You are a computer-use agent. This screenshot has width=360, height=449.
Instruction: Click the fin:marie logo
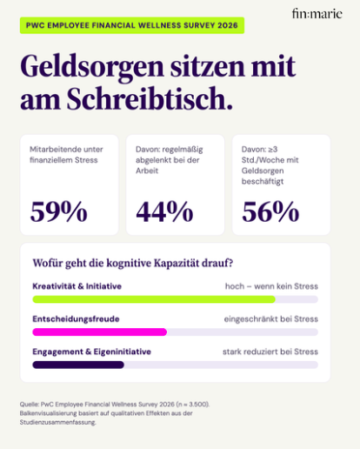point(317,14)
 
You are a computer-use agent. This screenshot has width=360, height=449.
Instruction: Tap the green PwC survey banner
point(132,25)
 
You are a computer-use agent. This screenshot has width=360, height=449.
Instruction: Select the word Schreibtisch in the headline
point(150,98)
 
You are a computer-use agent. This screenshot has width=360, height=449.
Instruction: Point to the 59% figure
point(59,211)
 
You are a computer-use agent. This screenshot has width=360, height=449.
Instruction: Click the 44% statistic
point(164,211)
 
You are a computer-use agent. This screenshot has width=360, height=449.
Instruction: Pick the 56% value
point(270,211)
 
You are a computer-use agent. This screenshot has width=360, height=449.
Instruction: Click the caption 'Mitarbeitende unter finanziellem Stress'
point(66,155)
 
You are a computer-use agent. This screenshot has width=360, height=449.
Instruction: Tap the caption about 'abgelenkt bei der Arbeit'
point(170,160)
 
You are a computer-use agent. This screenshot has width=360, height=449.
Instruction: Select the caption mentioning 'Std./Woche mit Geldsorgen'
point(270,165)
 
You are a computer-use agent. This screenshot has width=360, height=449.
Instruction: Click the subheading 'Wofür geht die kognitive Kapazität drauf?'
point(133,264)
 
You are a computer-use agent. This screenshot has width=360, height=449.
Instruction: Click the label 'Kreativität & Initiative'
point(77,286)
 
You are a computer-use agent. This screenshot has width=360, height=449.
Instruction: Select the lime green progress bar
point(154,299)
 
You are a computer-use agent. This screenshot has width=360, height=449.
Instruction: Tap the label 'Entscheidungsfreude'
point(76,319)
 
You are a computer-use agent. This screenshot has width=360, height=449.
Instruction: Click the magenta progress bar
point(100,332)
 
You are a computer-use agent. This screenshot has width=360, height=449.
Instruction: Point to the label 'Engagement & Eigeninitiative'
point(91,352)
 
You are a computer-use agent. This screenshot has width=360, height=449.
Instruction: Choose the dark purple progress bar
point(78,365)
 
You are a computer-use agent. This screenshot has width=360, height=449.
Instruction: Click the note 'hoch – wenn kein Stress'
point(271,286)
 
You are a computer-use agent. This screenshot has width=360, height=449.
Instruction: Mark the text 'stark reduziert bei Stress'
point(270,352)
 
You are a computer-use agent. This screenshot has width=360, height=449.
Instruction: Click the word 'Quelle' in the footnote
point(30,405)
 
